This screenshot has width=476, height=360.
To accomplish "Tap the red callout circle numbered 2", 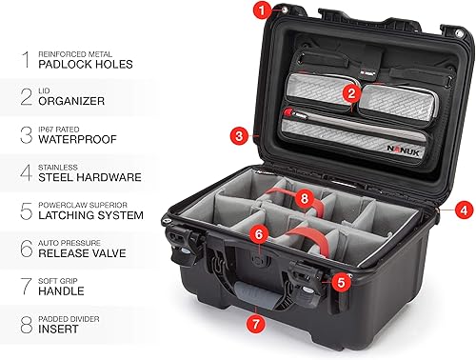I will point(352,92).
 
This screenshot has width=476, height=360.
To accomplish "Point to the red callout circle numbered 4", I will point(462,209).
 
